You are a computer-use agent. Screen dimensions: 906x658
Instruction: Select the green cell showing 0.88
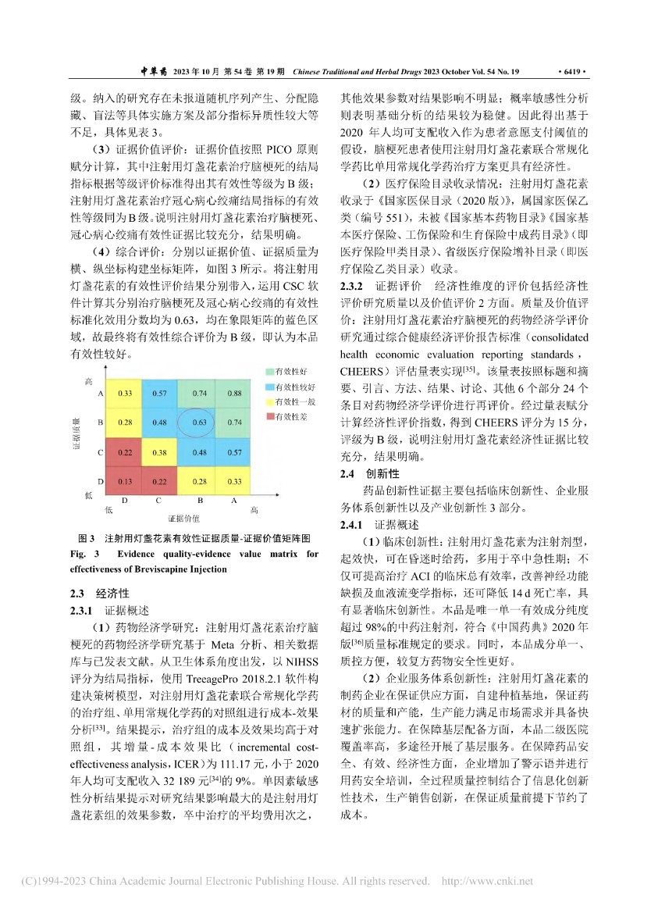point(234,394)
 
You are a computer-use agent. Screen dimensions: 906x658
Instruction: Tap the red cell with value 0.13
point(125,480)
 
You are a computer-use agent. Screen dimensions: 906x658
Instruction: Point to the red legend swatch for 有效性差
point(269,416)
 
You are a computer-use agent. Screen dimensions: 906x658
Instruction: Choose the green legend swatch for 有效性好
point(269,371)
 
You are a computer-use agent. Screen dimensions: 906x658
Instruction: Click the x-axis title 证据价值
point(184,518)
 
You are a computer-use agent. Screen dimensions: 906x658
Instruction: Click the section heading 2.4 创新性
point(369,473)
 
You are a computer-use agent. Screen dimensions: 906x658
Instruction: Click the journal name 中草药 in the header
point(153,71)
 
